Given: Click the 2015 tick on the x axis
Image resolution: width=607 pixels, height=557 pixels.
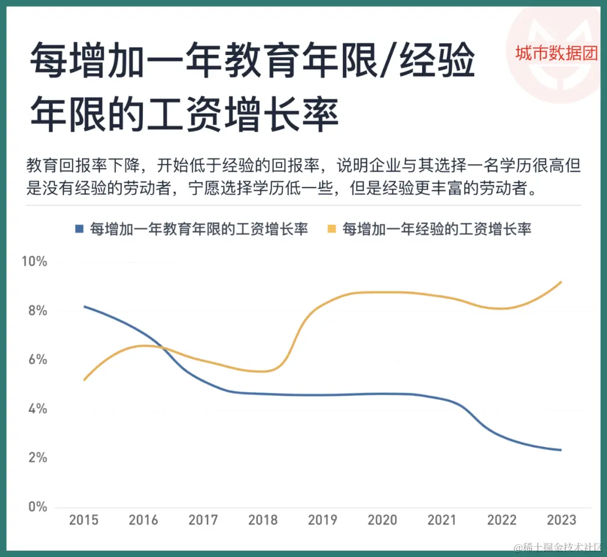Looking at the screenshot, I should (84, 520).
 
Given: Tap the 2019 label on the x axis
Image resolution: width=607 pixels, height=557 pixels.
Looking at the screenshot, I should (323, 520).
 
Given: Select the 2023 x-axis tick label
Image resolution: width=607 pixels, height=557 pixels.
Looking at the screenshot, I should (561, 520).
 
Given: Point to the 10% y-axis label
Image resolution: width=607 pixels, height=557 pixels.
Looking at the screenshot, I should (34, 262).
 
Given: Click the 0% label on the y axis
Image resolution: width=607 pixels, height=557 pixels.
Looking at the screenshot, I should (37, 506).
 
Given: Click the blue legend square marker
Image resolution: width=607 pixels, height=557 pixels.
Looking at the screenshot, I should (79, 229).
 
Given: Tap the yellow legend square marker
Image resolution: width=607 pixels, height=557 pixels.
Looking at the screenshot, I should (332, 229).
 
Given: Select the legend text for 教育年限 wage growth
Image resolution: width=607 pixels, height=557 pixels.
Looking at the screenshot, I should (199, 229).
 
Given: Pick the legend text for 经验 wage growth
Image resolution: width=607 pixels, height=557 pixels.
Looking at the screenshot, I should (437, 229).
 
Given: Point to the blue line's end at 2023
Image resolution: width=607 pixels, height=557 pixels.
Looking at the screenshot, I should (561, 450).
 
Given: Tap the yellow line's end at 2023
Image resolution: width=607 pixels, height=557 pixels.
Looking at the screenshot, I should (561, 282).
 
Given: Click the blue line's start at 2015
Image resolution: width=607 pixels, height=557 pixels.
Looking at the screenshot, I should (84, 306).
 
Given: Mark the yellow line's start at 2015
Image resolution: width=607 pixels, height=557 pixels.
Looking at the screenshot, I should (84, 380).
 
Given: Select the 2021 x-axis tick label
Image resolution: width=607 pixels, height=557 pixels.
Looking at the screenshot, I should (442, 520).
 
